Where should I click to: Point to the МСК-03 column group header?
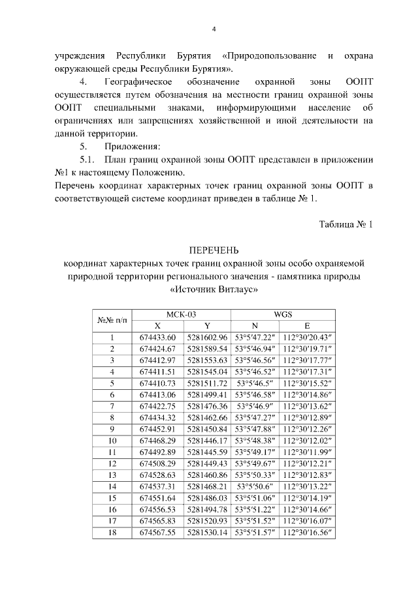click(x=181, y=314)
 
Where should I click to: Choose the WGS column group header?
click(x=283, y=314)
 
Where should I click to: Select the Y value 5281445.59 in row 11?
click(x=206, y=452)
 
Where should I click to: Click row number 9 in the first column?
click(x=112, y=429)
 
